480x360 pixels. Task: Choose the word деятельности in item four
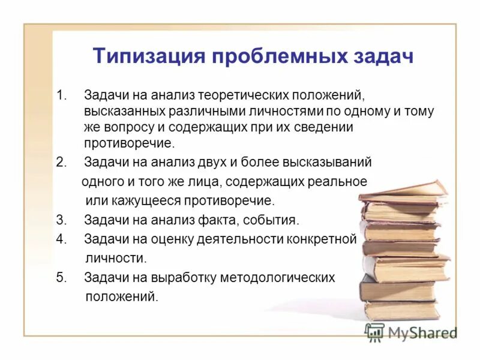pyautogui.click(x=232, y=239)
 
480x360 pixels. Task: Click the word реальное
pyautogui.click(x=336, y=181)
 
